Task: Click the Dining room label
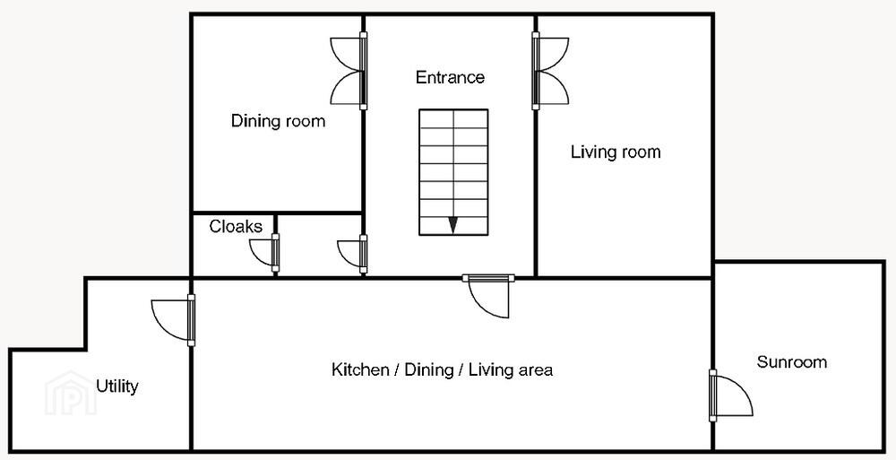tap(278, 121)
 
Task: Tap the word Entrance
tap(450, 77)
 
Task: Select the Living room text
tap(616, 152)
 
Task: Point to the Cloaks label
tap(236, 227)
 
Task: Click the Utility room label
tap(117, 386)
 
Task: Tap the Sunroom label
tap(791, 362)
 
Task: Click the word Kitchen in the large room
tap(359, 369)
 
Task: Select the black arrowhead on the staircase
tap(452, 225)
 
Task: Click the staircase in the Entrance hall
tap(453, 172)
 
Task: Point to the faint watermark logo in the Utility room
tap(71, 393)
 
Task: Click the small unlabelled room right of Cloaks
tap(319, 246)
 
